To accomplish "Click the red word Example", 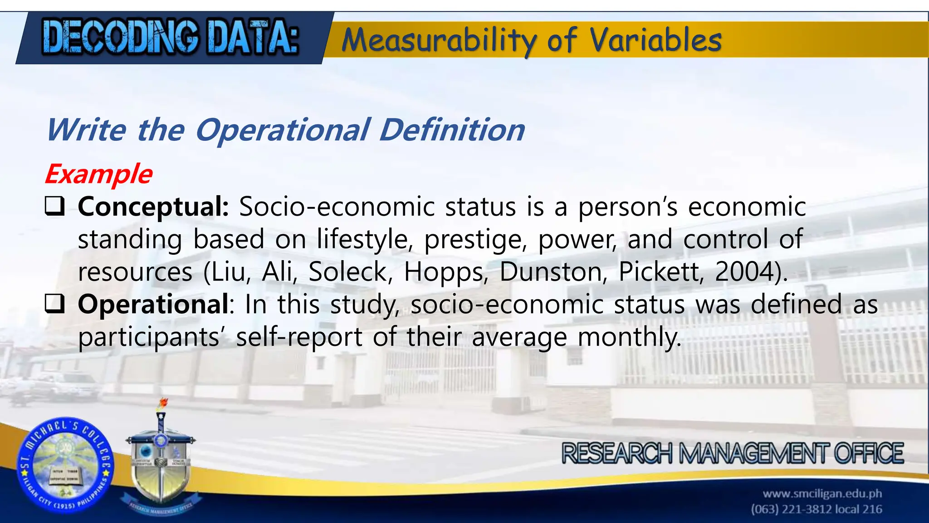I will pyautogui.click(x=98, y=174).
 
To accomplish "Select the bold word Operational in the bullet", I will pyautogui.click(x=153, y=304).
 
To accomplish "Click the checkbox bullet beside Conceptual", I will pyautogui.click(x=54, y=207).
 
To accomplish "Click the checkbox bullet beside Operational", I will pyautogui.click(x=54, y=304).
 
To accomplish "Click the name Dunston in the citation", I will pyautogui.click(x=553, y=272).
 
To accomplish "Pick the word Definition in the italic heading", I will pyautogui.click(x=452, y=130).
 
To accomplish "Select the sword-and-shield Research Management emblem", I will pyautogui.click(x=160, y=459).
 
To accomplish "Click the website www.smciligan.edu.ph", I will pyautogui.click(x=822, y=493).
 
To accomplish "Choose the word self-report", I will pyautogui.click(x=299, y=337).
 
